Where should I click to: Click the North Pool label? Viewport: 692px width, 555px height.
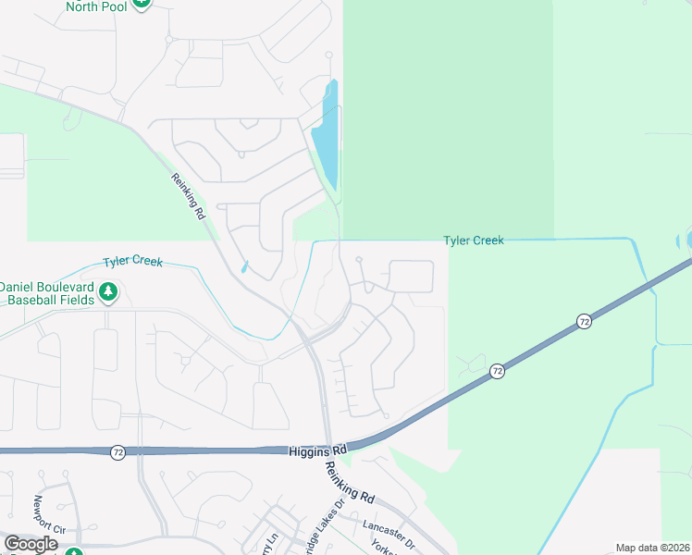(95, 6)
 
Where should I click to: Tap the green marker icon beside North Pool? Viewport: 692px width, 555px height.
(141, 3)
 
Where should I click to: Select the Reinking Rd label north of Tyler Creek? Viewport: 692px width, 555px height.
(188, 196)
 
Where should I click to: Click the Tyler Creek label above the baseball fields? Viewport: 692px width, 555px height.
(132, 262)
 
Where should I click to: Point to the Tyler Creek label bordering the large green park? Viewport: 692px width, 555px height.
(474, 240)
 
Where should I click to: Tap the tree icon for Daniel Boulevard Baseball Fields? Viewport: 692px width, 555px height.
(109, 293)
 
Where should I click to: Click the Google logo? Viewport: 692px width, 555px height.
(30, 544)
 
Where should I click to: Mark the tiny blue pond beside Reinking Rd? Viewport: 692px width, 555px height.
(244, 267)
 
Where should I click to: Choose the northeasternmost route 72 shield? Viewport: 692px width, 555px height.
(584, 321)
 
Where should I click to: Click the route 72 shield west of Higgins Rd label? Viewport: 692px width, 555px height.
(117, 452)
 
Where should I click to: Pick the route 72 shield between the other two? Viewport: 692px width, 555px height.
(498, 371)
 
